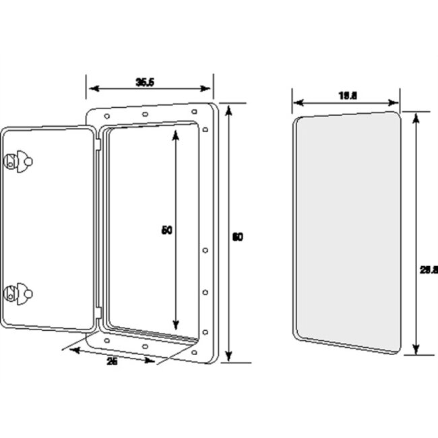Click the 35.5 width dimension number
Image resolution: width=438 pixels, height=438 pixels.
146,82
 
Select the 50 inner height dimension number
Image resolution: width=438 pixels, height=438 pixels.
168,230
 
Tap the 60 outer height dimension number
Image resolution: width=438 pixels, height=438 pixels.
237,237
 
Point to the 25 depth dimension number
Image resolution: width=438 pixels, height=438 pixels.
113,362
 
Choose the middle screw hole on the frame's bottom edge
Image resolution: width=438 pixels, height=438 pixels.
146,346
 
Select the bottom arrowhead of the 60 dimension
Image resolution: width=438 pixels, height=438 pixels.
228,358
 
